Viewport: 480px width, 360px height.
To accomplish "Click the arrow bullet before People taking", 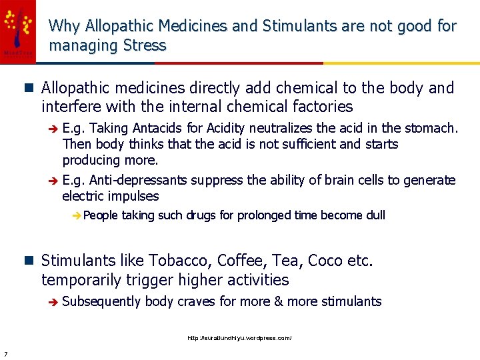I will [x=77, y=215].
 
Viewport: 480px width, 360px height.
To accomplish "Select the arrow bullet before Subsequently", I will [x=53, y=302].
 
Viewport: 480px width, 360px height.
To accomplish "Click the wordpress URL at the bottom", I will [x=239, y=339].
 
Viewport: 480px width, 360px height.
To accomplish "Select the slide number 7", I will [x=5, y=353].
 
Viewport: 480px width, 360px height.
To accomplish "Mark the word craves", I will [x=197, y=301].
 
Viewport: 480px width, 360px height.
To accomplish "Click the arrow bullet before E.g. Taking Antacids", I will [x=53, y=128].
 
